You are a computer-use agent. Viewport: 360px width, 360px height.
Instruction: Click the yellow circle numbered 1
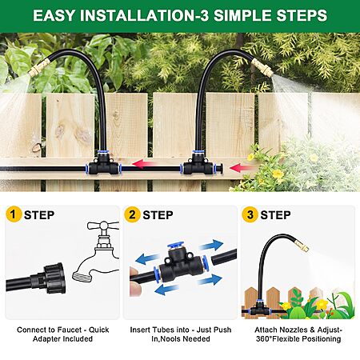[x=14, y=214]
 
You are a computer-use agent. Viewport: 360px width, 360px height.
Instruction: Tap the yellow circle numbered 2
[x=132, y=214]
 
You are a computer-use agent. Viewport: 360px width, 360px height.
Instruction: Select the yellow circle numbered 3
[x=250, y=214]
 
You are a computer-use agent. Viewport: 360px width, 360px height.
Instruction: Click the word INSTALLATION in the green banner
[x=138, y=15]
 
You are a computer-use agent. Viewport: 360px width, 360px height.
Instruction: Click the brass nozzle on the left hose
[x=40, y=67]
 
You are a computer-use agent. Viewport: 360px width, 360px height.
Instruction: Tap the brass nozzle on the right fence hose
[x=262, y=67]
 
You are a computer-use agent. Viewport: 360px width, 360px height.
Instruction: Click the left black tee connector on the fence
[x=104, y=164]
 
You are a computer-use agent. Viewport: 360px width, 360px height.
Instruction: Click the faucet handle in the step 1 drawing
[x=103, y=226]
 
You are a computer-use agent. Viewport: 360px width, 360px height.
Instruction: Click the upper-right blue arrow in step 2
[x=212, y=245]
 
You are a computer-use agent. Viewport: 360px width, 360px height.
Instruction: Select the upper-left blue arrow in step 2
[x=147, y=258]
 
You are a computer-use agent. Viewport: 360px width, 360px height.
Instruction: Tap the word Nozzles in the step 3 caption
[x=291, y=330]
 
